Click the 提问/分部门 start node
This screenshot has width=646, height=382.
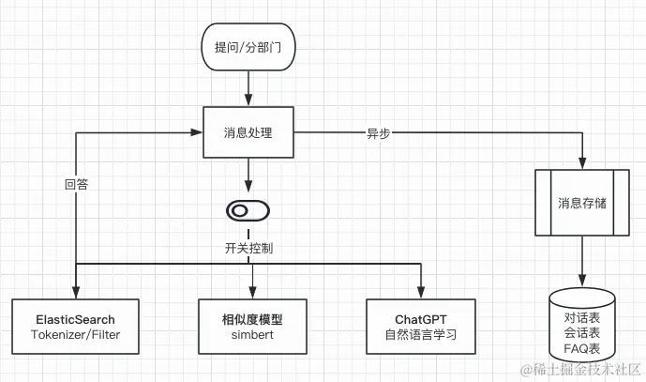(x=248, y=46)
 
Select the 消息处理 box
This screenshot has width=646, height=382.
(x=248, y=132)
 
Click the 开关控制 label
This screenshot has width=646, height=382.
(x=248, y=249)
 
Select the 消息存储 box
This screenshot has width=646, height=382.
(x=581, y=202)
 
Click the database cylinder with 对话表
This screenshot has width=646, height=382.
(x=581, y=324)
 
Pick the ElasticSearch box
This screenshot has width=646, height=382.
(x=75, y=326)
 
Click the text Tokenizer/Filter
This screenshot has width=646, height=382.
(x=75, y=334)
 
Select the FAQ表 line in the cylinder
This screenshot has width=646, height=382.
(x=581, y=347)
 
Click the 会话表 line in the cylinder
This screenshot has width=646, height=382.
(x=581, y=331)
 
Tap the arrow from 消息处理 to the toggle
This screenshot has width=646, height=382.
(x=248, y=175)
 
